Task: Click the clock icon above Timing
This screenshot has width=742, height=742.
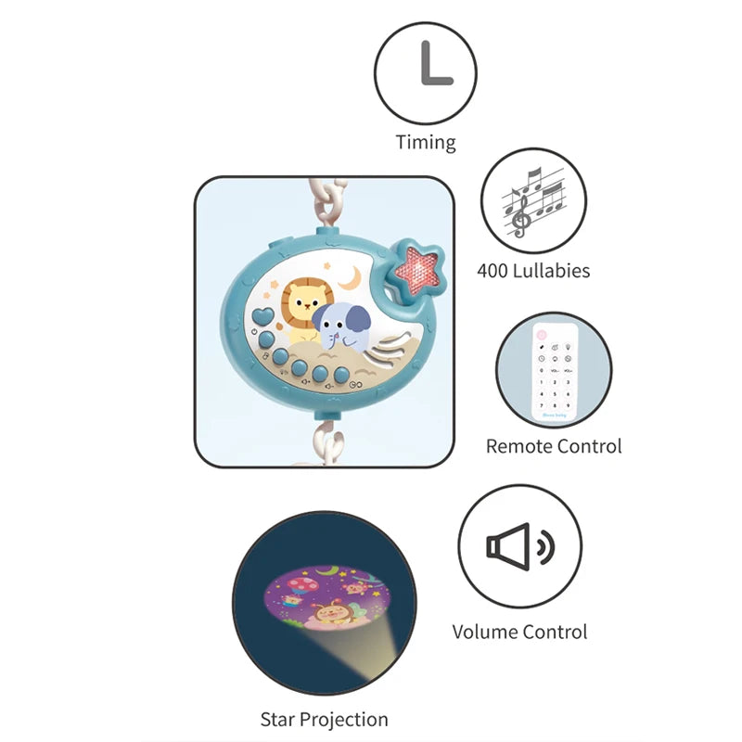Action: click(x=425, y=71)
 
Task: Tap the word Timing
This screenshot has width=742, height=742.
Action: click(x=426, y=142)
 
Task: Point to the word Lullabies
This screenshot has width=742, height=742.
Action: click(x=554, y=271)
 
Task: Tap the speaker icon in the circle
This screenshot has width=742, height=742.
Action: click(x=520, y=545)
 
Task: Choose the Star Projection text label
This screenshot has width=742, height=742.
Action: click(x=324, y=719)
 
